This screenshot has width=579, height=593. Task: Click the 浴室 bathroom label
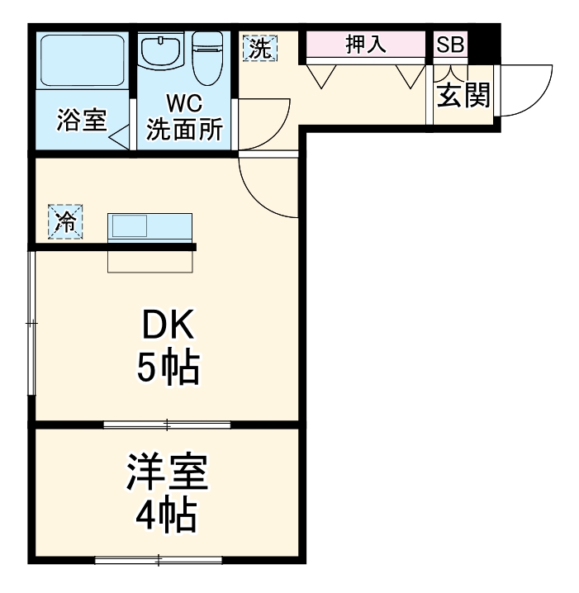(81, 121)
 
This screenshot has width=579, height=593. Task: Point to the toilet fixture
(207, 53)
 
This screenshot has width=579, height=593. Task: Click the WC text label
(185, 104)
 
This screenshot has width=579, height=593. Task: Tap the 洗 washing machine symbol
(259, 48)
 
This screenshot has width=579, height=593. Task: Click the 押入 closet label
(365, 45)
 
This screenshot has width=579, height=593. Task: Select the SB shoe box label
(450, 45)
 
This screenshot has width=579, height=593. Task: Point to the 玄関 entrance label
(463, 96)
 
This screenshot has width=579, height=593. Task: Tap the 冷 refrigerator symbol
(66, 221)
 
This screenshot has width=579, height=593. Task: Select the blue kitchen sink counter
(150, 225)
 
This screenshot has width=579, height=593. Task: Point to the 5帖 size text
(168, 368)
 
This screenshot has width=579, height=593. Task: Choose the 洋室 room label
(167, 473)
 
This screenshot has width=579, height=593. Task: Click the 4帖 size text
(167, 516)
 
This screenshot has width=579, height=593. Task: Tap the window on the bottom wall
(159, 561)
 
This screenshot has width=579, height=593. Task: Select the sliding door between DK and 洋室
(167, 425)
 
